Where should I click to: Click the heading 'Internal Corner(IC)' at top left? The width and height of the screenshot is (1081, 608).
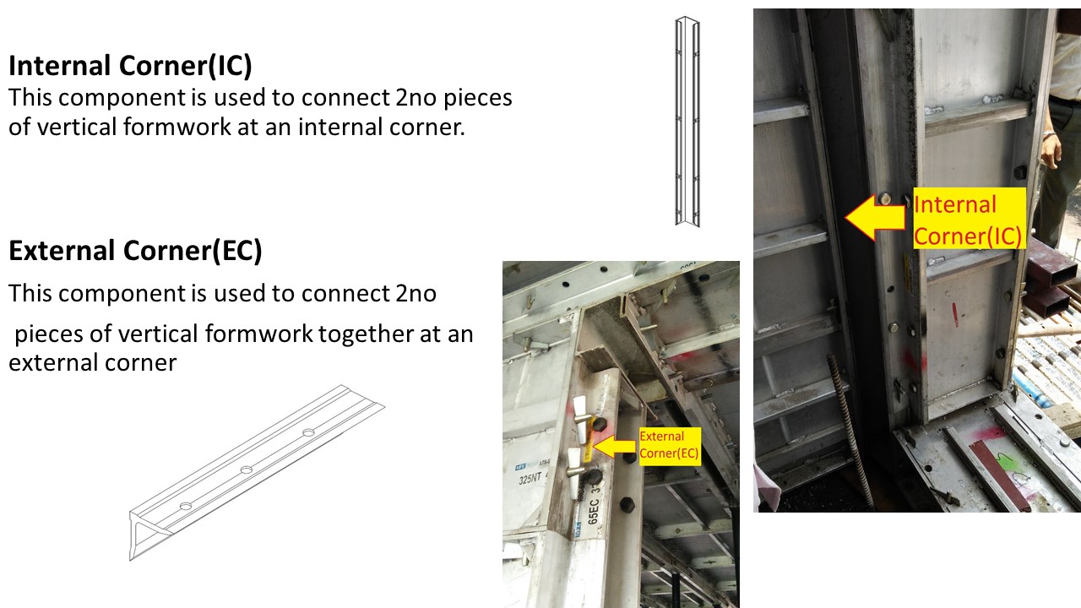[131, 67]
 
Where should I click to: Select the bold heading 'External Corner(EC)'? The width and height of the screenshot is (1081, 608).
[135, 251]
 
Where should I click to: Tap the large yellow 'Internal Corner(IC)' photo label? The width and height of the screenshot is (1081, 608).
[968, 219]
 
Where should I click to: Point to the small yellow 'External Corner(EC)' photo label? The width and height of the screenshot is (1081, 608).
[669, 445]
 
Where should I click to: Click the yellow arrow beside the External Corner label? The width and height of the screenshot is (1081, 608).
[615, 447]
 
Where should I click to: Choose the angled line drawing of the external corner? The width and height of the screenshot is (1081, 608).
[253, 473]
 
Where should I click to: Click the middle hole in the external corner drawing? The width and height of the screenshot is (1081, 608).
[246, 470]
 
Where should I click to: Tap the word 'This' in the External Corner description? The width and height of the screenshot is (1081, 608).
[33, 294]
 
